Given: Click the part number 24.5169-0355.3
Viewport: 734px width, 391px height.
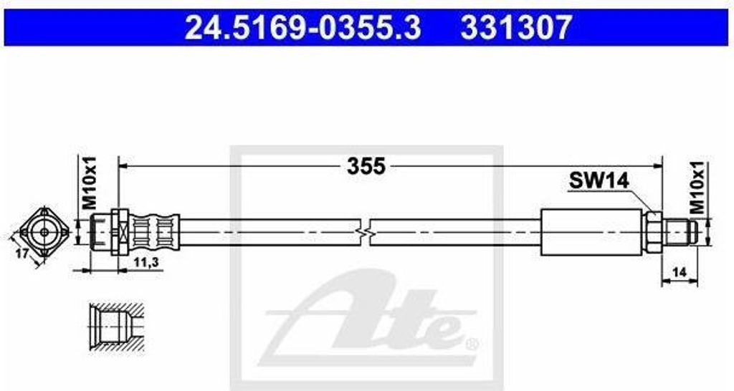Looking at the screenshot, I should point(303,28).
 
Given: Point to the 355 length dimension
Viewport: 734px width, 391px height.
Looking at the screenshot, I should point(366,166).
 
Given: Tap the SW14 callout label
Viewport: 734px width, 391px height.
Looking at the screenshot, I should point(599,180).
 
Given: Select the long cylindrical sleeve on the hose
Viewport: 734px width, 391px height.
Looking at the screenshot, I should point(589,231).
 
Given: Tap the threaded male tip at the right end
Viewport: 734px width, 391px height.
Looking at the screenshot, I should point(680,231).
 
